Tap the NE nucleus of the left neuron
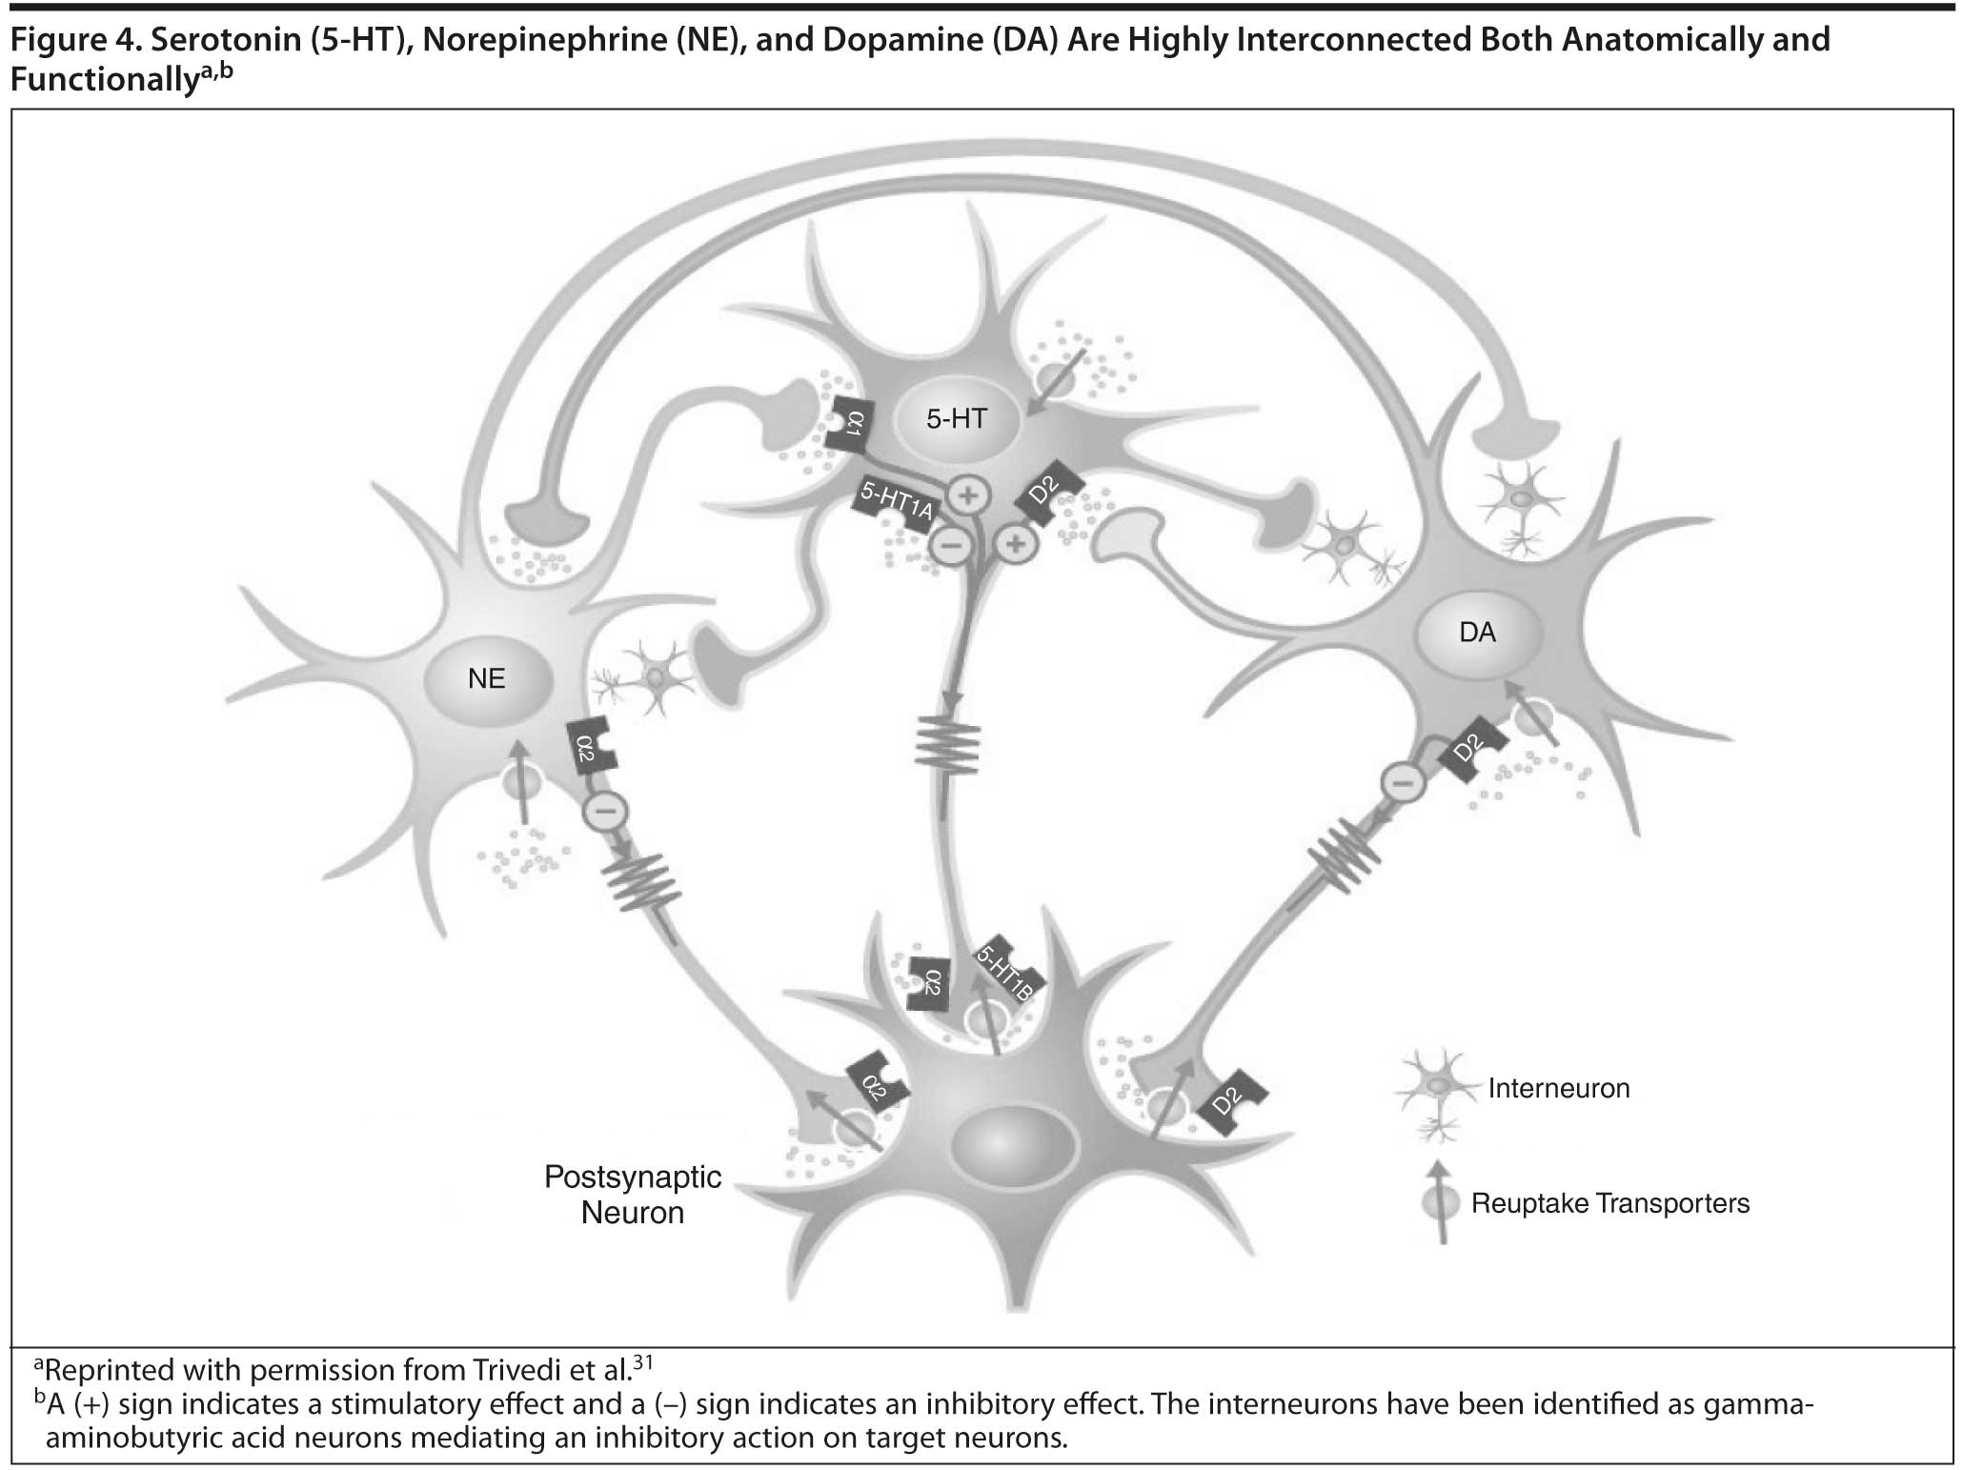click(487, 678)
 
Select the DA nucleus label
click(1477, 632)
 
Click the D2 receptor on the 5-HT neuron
click(1048, 492)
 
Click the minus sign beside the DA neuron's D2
click(1403, 783)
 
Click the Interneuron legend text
click(1559, 1088)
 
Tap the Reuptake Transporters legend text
click(1610, 1203)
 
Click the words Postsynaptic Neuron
click(633, 1195)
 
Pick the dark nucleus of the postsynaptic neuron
click(1014, 1144)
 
